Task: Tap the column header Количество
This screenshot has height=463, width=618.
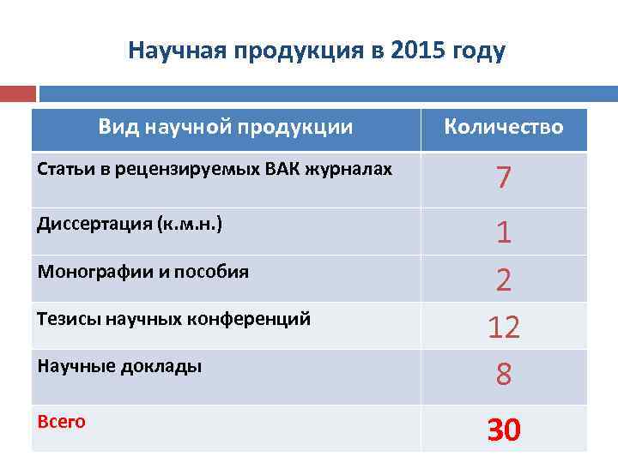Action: tap(504, 128)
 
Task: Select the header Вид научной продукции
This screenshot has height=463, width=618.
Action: tap(226, 128)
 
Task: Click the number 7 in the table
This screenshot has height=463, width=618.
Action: tap(504, 178)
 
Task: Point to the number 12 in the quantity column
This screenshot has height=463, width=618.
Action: tap(504, 327)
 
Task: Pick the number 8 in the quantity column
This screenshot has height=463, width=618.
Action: tap(504, 374)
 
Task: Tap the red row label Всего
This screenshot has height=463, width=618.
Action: tap(62, 422)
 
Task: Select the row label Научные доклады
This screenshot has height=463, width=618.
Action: tap(120, 366)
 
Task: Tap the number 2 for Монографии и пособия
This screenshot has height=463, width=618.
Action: tap(504, 280)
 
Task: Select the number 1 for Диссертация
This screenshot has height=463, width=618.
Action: tap(504, 232)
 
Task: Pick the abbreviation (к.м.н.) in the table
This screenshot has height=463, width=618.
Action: tap(189, 225)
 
